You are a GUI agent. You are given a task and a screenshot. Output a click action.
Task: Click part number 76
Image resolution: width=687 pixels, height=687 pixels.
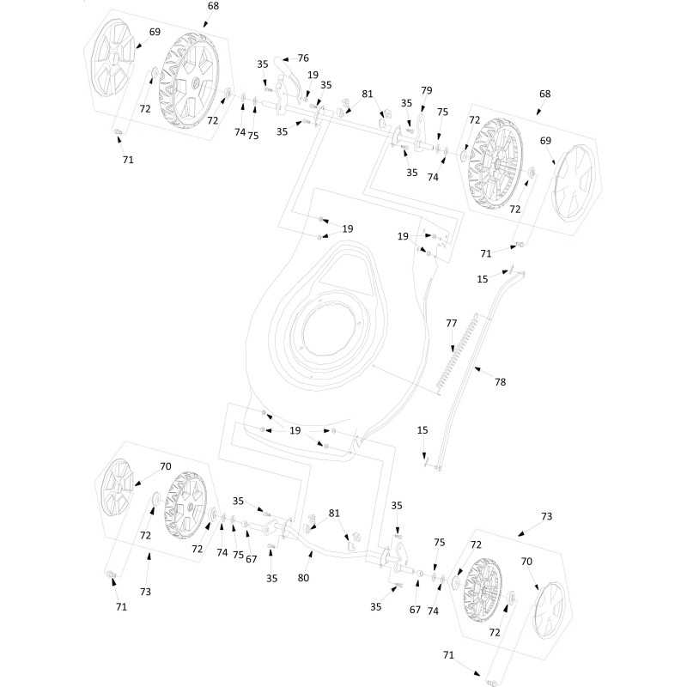coord(303,58)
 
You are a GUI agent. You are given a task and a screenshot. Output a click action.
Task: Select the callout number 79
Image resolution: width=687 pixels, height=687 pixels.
coord(426,90)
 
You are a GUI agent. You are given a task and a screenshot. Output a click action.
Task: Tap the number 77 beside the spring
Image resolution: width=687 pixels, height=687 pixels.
coord(452,324)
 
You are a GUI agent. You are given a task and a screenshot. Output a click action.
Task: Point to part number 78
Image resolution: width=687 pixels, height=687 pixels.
coord(500,382)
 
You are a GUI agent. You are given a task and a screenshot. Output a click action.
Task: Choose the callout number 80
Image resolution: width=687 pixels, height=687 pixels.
coord(303,578)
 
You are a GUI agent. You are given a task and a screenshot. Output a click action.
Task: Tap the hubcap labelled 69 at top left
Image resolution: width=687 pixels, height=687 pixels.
coord(112,57)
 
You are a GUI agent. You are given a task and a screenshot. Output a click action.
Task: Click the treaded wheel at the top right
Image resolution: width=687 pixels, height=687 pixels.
coord(495,163)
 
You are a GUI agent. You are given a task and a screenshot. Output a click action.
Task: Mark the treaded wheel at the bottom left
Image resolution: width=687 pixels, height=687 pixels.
coord(185,506)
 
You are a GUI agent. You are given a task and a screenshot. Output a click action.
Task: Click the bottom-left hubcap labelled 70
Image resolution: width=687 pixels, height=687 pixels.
coord(117,487)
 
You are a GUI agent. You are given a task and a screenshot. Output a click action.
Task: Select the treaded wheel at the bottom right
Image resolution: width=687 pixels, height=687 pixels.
coord(483,590)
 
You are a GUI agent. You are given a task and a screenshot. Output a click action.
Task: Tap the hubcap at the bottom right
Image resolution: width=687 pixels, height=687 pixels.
coord(550,611)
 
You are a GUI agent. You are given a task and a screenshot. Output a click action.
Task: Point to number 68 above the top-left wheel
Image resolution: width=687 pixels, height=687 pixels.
coord(213,6)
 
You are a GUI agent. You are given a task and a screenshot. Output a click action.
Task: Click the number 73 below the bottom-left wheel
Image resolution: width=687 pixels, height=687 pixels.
coord(145,592)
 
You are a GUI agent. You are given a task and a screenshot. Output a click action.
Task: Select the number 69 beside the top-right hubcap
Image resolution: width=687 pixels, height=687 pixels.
coord(545,141)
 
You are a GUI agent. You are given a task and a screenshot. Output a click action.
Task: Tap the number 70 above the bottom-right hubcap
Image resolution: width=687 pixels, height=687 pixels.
coord(526,562)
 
